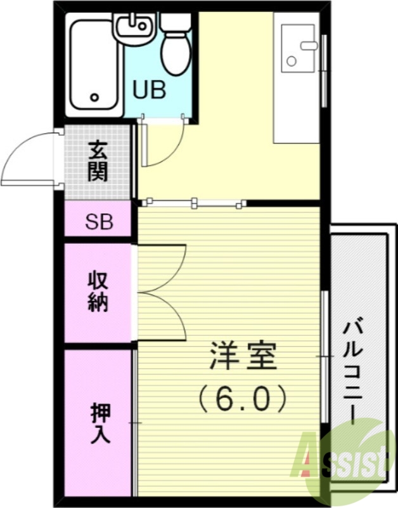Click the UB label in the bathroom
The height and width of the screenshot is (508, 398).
pos(150,90)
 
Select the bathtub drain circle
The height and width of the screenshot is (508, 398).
pos(96,98)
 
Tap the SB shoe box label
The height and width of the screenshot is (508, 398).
pos(99,222)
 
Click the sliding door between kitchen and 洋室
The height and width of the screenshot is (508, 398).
pos(193,203)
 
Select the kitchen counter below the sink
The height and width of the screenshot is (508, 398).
pos(296,108)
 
